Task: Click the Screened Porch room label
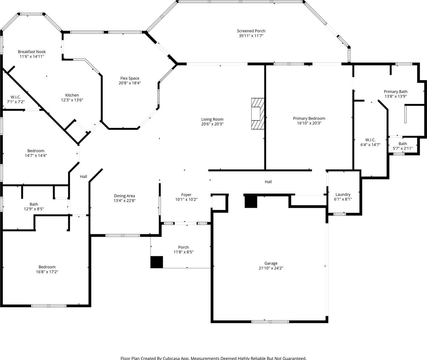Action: tap(251, 31)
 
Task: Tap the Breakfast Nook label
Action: tap(32, 52)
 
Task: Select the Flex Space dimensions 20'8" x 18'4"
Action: tap(130, 83)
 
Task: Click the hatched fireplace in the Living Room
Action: tap(258, 114)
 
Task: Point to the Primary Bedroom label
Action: tap(309, 118)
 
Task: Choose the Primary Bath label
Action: tap(396, 91)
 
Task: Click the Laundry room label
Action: tap(343, 194)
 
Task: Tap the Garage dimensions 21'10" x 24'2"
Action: tap(271, 268)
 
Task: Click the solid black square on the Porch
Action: tap(157, 262)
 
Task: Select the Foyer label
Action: tap(186, 195)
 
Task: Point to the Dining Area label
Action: tap(124, 196)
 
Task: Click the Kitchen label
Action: tap(72, 95)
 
